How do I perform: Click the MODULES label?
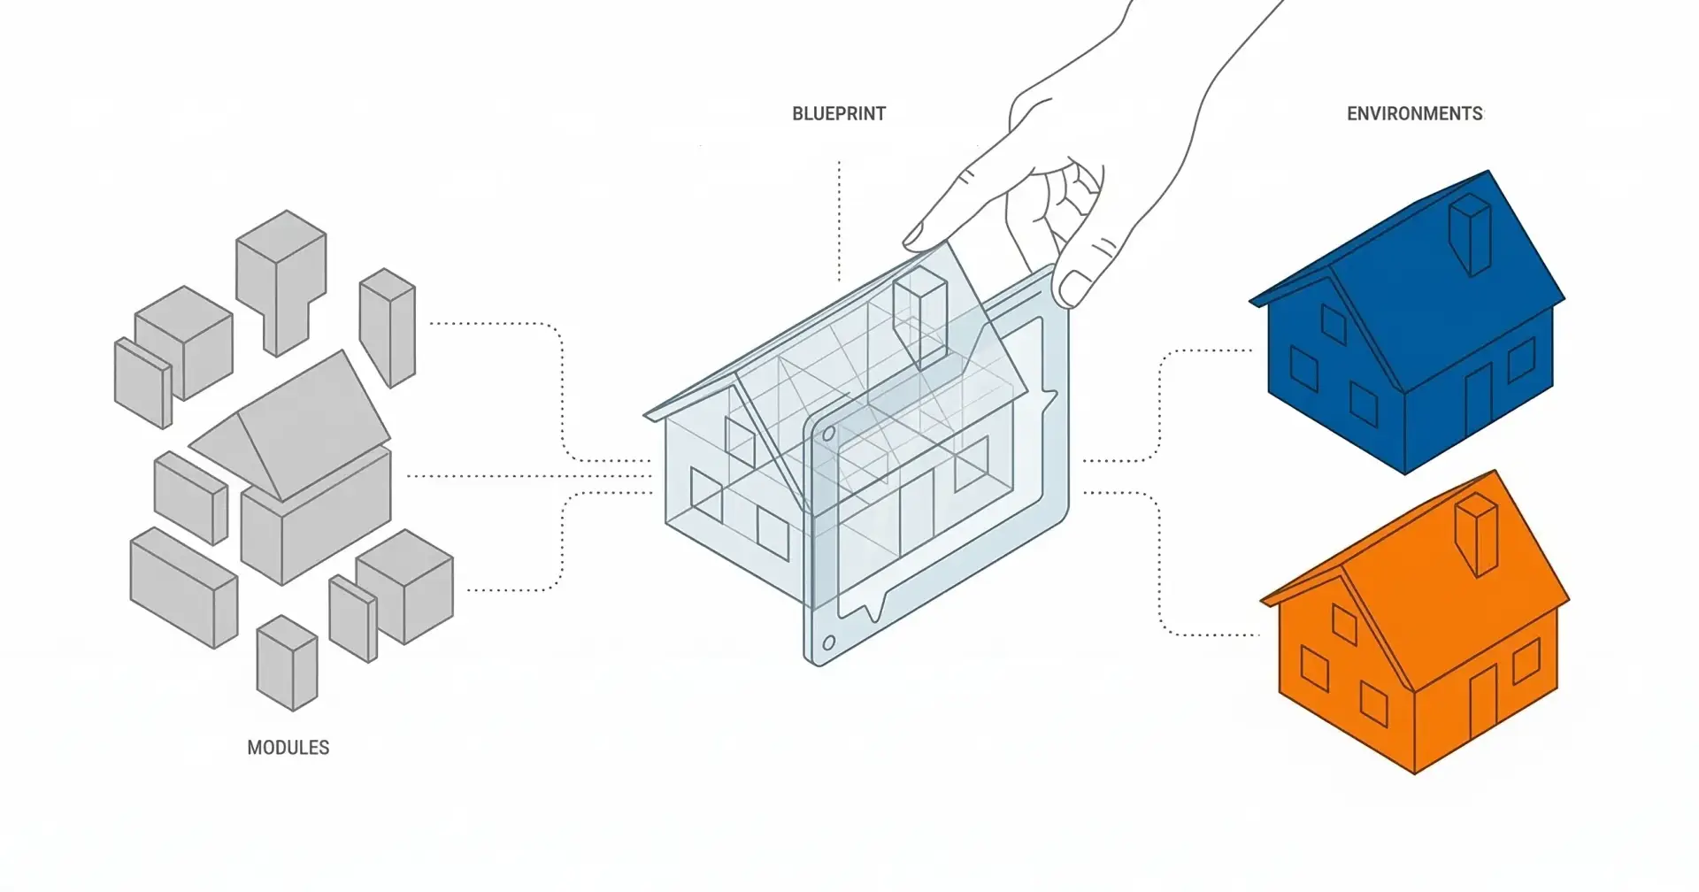[x=288, y=748]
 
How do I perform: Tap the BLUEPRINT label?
[x=838, y=113]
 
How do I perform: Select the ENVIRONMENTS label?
[x=1414, y=113]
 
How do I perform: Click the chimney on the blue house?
[x=1471, y=234]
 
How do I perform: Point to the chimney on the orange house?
[x=1477, y=534]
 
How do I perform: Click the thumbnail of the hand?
[x=1074, y=287]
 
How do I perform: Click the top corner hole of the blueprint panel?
[x=829, y=434]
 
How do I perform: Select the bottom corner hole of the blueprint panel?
[x=828, y=643]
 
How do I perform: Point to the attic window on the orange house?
[x=1344, y=625]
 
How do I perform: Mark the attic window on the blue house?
[x=1334, y=324]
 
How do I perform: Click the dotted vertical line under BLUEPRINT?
[x=839, y=221]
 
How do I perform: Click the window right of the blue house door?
[x=1521, y=359]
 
